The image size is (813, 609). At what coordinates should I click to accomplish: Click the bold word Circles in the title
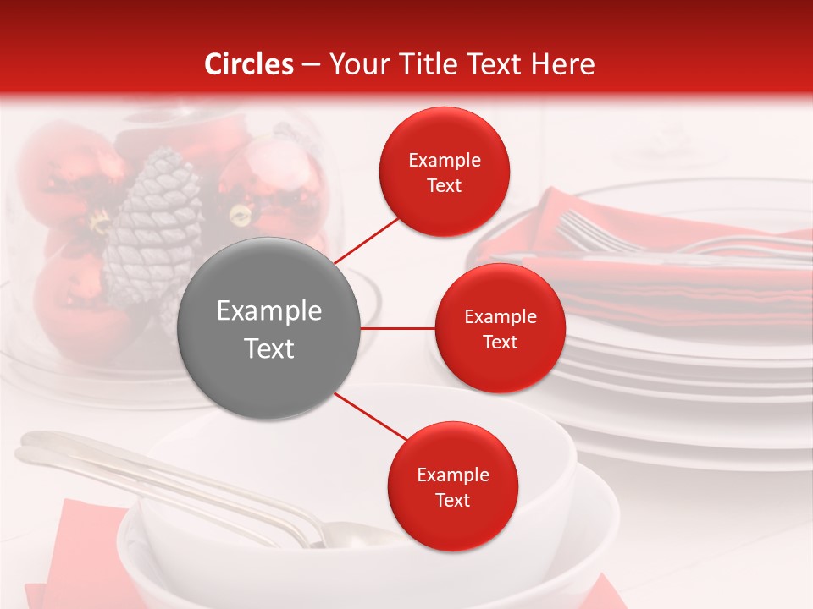(248, 64)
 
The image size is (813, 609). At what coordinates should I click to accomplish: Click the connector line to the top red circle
(368, 239)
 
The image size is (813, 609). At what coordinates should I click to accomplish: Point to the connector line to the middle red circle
(398, 328)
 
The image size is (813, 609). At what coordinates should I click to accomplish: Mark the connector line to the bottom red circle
(371, 418)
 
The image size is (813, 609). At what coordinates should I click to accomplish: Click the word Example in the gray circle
(269, 311)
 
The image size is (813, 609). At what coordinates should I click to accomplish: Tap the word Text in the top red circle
(445, 186)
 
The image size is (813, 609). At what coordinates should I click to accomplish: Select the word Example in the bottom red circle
(452, 475)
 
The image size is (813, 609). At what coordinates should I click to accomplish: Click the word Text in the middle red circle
(500, 343)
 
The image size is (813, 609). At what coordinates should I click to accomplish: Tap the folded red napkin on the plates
(677, 279)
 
